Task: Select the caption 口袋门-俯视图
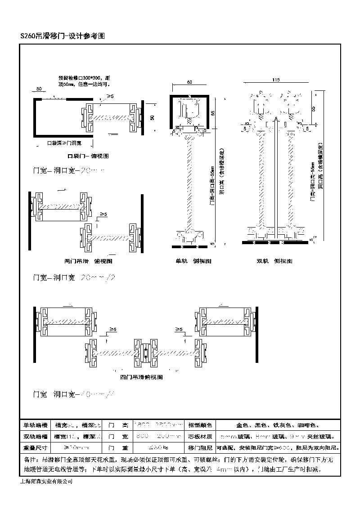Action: point(88,156)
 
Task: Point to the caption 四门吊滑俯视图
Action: point(141,377)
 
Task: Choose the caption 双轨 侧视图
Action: point(274,261)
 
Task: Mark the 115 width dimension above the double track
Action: point(276,80)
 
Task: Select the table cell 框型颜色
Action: point(199,424)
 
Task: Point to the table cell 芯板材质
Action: point(199,436)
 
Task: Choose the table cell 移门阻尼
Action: point(199,448)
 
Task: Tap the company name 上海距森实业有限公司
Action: point(46,481)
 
